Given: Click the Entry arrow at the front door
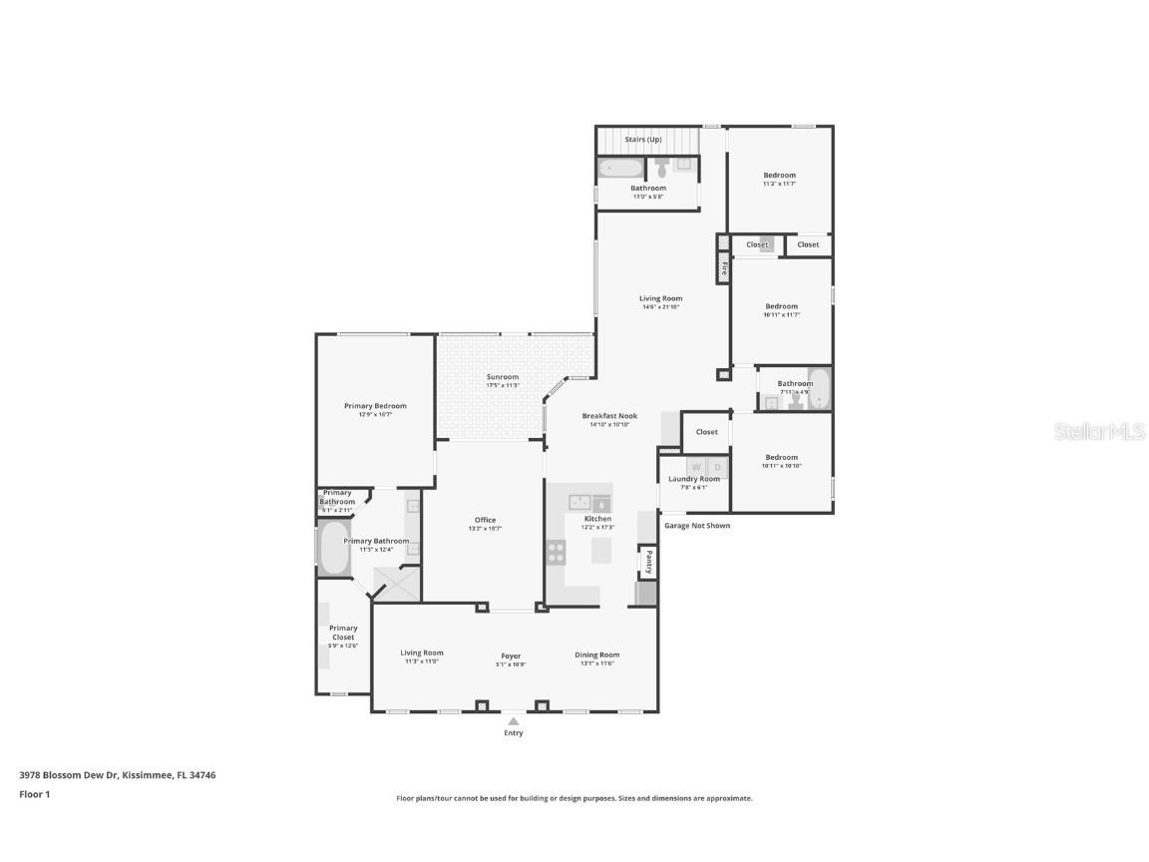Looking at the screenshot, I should (x=513, y=721).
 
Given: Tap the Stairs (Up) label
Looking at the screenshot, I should (x=642, y=140).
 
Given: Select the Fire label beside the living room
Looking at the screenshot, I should (x=724, y=268).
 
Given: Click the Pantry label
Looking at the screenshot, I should (x=649, y=562).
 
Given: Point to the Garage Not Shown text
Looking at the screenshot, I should (x=697, y=525).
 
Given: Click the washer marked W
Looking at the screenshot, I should (x=696, y=467).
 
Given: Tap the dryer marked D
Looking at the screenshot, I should (x=716, y=467).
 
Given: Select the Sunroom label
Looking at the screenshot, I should (x=503, y=377).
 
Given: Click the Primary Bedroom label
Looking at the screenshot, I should (x=375, y=406).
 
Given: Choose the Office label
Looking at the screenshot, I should (x=485, y=520).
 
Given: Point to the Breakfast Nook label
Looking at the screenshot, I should (x=609, y=416).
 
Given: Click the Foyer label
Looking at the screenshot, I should (x=511, y=656).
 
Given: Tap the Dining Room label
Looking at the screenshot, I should (x=596, y=654).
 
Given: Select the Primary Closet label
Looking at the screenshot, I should (x=343, y=633).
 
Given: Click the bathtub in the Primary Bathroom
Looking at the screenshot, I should (x=333, y=548).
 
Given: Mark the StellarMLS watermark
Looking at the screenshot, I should (x=1101, y=431).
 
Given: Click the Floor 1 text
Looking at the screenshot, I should (x=34, y=794).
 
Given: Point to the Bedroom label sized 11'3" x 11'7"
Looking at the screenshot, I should (x=780, y=176).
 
